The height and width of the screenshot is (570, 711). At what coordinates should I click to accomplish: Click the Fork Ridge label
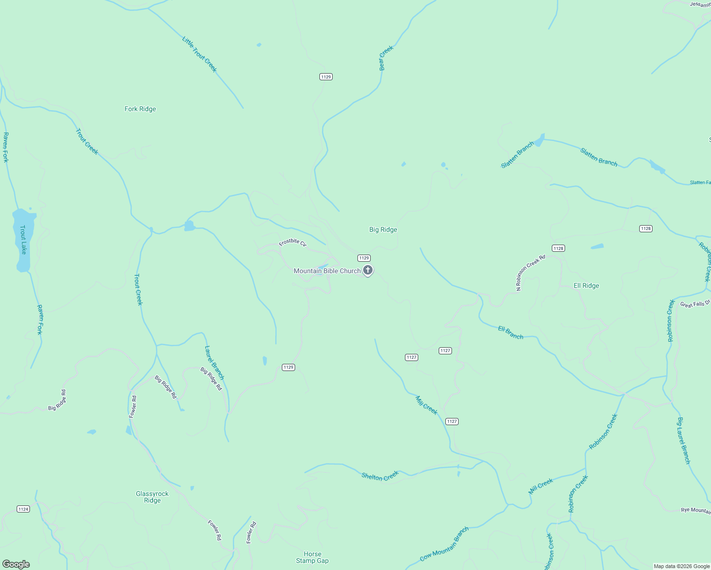pos(140,109)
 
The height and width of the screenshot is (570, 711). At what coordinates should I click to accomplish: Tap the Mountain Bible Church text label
pos(327,271)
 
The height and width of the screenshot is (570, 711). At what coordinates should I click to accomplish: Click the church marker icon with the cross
pos(367,270)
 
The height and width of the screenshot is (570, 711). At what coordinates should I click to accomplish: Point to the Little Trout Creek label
pos(200,54)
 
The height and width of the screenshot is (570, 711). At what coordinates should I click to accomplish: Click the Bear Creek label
pos(386,58)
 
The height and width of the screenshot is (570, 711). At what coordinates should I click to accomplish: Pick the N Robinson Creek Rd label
pos(531,272)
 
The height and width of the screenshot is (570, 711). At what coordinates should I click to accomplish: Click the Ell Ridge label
pos(586,285)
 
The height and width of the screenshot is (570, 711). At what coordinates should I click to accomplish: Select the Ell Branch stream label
pos(510,332)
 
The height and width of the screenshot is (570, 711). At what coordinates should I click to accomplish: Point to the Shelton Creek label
pos(380,475)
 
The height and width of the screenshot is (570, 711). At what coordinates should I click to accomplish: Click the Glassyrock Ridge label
pos(152,497)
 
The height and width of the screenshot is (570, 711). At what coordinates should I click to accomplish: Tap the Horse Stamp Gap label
pos(312,557)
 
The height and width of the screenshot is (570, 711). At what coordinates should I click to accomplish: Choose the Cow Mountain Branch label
pos(444,544)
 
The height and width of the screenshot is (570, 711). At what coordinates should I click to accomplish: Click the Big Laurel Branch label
pos(683,440)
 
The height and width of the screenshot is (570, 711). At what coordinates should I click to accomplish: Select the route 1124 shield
pos(23,509)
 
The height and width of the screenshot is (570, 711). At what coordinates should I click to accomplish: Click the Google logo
pos(16,564)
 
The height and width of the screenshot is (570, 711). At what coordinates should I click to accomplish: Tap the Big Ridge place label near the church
pos(383,229)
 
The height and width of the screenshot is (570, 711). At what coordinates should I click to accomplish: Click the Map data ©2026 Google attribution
pos(682,566)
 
